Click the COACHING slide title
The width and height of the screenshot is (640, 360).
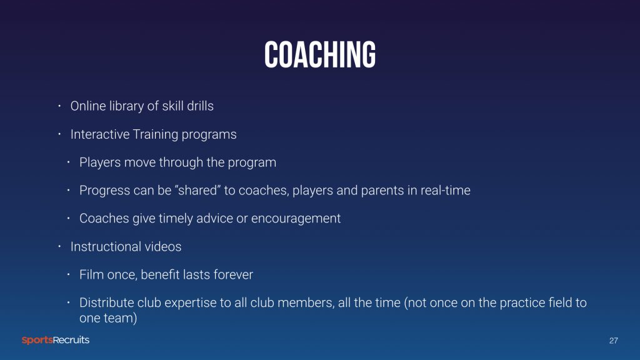(319, 55)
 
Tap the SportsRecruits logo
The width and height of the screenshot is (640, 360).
(56, 340)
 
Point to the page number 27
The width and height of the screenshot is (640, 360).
(614, 341)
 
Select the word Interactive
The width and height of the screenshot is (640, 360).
(100, 134)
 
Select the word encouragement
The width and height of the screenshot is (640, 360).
(296, 218)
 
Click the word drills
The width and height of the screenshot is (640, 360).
(200, 106)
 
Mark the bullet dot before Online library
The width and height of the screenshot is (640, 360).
(59, 106)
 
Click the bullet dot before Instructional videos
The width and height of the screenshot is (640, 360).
(59, 246)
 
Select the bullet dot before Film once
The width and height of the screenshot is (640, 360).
(68, 275)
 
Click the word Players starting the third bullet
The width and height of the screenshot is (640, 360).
(100, 162)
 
